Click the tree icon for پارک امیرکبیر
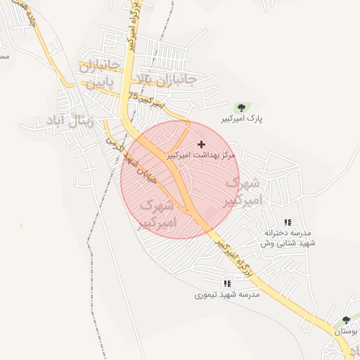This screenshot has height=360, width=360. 242,108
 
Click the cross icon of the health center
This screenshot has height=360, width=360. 202,143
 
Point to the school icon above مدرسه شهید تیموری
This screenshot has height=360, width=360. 227,284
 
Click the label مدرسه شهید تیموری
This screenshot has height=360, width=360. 227,295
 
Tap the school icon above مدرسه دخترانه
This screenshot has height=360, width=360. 288,221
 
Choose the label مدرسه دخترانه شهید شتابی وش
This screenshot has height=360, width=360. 289,237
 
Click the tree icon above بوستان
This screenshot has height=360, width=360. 345,321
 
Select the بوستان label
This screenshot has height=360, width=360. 346,330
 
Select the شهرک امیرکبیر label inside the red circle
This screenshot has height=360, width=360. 157,215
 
